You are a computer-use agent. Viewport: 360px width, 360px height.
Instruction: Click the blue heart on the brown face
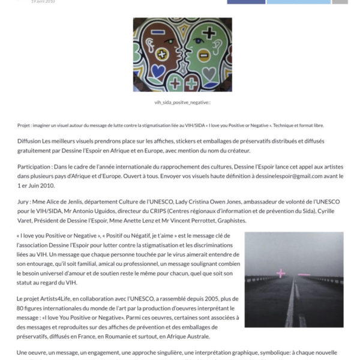point(157,71)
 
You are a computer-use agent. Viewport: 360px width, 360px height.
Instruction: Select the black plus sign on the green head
point(209,32)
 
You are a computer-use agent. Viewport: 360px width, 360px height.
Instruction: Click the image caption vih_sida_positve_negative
point(182,103)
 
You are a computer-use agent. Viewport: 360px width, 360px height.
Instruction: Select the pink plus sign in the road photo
point(280,274)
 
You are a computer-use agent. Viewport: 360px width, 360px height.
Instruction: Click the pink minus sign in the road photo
point(304,274)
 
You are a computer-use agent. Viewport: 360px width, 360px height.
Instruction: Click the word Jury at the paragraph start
point(25,196)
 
